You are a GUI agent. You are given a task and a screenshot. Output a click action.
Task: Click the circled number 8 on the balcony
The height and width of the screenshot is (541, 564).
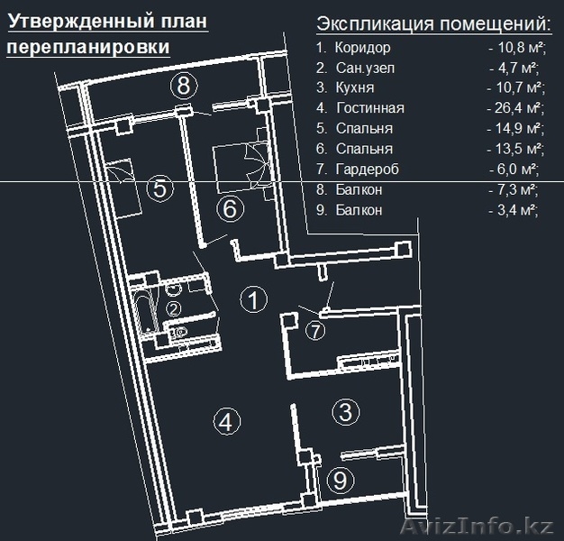[184, 86]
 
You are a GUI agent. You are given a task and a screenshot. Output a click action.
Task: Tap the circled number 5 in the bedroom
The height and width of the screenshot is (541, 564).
[160, 188]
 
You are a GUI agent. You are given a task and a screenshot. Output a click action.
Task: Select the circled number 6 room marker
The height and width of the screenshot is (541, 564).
[231, 209]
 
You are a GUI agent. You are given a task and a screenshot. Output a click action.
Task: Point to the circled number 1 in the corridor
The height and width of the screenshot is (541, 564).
[254, 299]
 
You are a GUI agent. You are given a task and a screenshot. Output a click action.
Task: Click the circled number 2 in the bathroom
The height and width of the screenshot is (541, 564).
[174, 309]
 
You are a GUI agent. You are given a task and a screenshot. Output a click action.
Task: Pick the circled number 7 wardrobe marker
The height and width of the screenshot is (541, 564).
[315, 331]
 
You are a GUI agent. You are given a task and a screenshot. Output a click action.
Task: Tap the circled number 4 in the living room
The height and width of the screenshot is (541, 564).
[227, 421]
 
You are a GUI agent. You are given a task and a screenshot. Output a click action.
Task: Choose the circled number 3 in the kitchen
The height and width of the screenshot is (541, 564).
[346, 412]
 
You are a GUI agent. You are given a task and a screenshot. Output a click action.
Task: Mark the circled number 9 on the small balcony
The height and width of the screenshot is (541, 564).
[341, 481]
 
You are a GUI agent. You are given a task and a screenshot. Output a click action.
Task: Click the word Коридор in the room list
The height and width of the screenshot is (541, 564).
[362, 48]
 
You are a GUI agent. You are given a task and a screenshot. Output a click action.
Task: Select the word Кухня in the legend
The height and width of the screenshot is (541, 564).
[355, 87]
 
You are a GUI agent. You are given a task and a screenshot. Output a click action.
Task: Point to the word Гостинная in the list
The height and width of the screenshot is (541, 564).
[370, 108]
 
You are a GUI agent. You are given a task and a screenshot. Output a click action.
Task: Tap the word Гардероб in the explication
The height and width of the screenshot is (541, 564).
[368, 170]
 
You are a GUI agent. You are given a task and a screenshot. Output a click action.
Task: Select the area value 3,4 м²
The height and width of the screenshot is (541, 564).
[517, 210]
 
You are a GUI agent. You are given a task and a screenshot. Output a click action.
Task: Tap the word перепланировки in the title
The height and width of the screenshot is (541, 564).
[88, 47]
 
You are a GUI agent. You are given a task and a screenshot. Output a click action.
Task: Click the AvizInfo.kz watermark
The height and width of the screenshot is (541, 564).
[477, 527]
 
